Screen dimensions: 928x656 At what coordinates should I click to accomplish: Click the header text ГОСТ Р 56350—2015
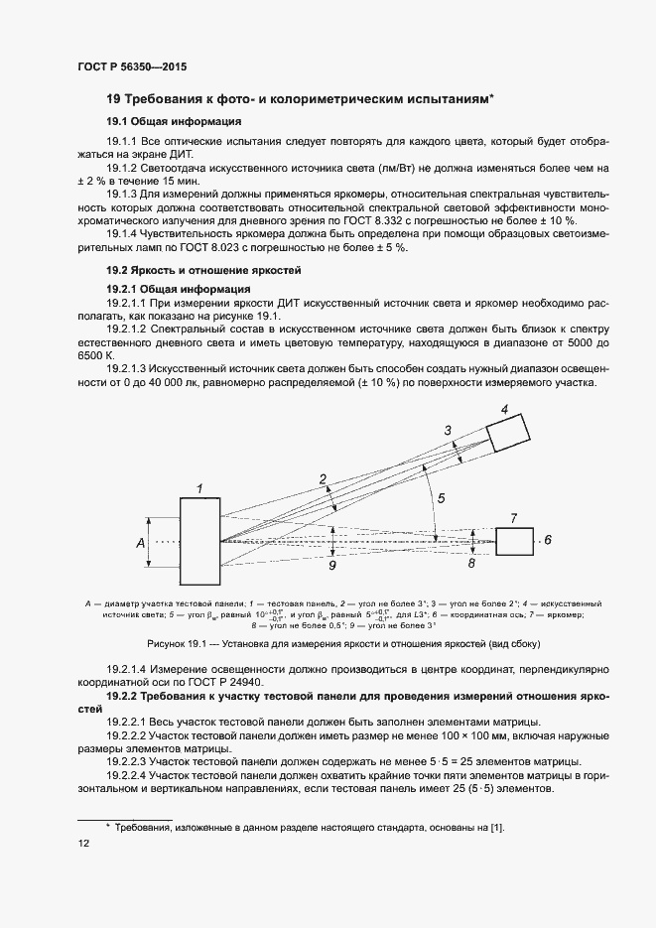(131, 66)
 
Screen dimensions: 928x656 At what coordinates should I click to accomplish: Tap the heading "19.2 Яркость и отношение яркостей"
(203, 270)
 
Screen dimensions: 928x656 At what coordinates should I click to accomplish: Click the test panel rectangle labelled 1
(199, 542)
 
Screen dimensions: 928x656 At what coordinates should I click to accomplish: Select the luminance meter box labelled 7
(513, 542)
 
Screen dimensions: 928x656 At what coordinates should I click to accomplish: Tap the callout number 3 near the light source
(448, 429)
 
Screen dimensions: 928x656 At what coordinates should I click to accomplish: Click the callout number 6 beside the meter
(547, 541)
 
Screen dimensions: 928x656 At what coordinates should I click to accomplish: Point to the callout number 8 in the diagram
(471, 563)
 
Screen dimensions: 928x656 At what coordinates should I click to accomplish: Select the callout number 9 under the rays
(331, 566)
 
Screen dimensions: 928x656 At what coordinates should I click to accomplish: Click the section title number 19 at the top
(113, 99)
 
